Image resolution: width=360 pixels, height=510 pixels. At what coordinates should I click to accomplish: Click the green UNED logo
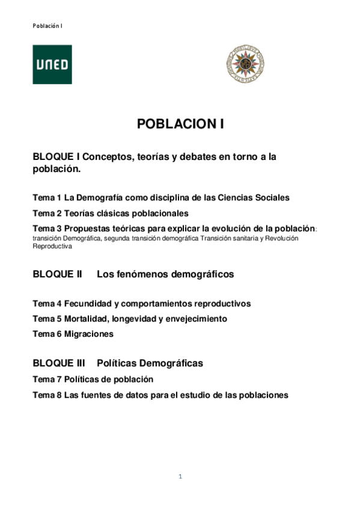point(52,64)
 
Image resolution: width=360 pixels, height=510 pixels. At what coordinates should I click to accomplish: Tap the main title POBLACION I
point(180,124)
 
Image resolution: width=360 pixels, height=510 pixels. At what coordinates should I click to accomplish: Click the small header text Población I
point(46,26)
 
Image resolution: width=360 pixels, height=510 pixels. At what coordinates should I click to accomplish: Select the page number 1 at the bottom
point(180,476)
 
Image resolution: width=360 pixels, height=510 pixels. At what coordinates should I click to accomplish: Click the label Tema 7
point(47,379)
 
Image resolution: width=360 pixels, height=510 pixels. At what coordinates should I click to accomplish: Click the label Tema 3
point(47,229)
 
